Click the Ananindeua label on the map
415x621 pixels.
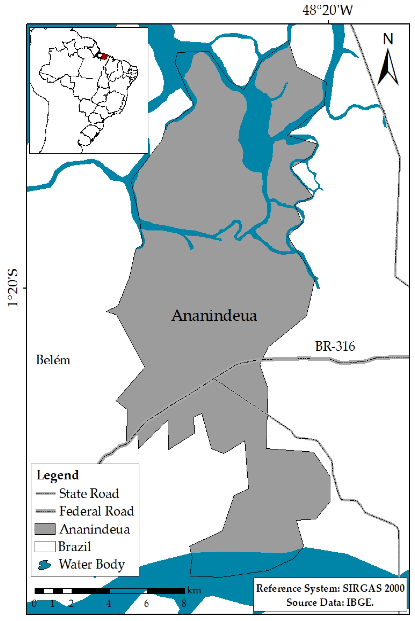point(214,315)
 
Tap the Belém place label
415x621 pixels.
point(53,360)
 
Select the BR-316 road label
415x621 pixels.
point(335,346)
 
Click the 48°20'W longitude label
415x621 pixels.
point(328,11)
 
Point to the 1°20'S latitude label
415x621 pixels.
point(13,288)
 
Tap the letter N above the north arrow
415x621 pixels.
point(388,39)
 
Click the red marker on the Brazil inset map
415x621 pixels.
point(104,57)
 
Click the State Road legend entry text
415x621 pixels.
point(89,494)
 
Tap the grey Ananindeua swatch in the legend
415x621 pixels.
point(45,529)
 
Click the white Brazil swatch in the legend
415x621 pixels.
point(45,546)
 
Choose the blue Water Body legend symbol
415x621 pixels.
point(44,565)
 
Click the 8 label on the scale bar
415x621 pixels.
point(184,604)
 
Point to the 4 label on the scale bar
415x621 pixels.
point(109,604)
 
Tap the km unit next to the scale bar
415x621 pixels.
point(194,590)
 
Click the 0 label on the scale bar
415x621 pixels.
point(34,604)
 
